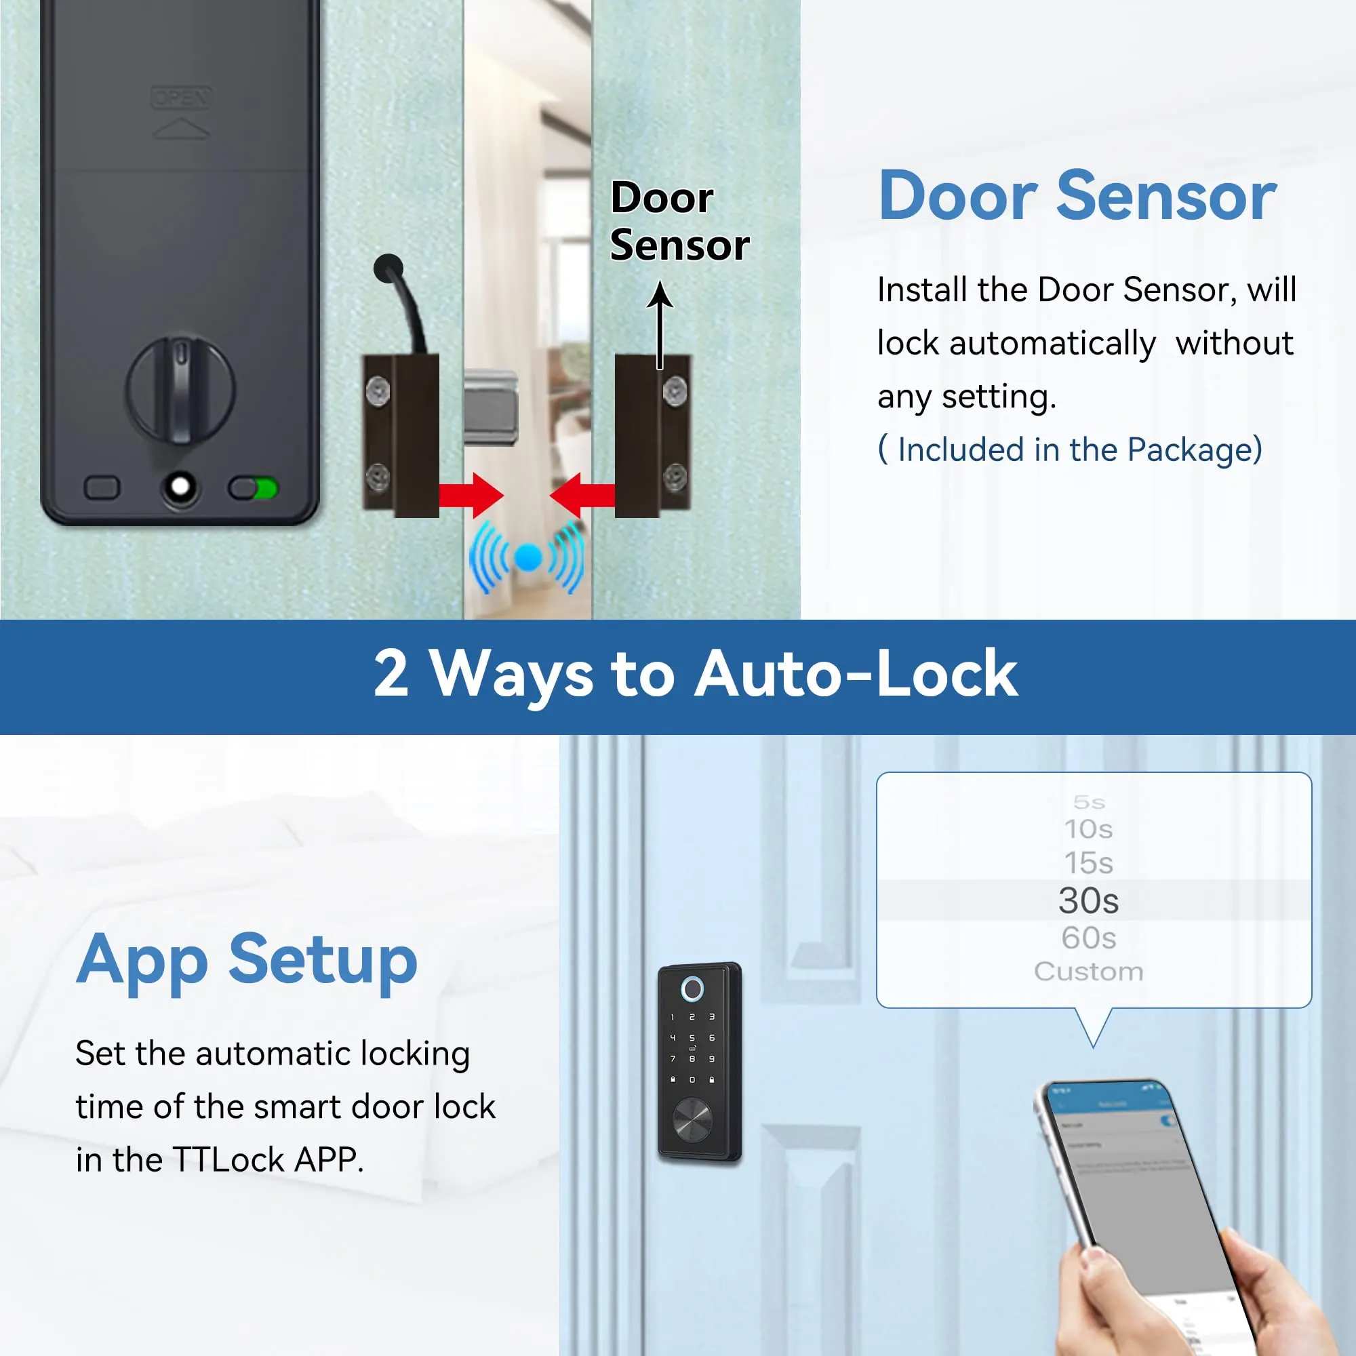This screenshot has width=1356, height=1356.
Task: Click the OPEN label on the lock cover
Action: (181, 98)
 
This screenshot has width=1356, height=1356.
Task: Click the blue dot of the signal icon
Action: (527, 558)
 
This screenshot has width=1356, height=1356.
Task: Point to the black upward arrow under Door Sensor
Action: (659, 323)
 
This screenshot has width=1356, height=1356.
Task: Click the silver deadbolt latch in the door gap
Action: (492, 407)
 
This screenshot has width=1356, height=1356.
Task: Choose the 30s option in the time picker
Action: (1088, 900)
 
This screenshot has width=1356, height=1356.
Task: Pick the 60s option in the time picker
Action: (1088, 938)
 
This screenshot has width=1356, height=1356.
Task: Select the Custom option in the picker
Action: (1088, 972)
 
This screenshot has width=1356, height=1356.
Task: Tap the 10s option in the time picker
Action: (1088, 829)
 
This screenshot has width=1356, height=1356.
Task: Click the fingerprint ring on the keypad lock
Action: (692, 990)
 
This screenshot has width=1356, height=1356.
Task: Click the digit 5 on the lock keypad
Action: (692, 1037)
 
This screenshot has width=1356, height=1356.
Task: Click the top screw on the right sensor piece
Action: (675, 391)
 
